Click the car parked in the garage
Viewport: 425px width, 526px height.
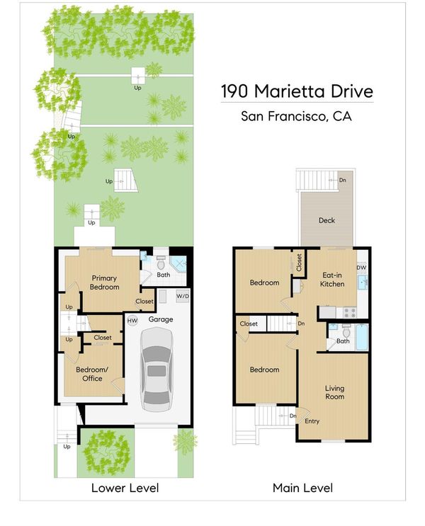(x=157, y=369)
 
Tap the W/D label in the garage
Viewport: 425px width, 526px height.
(x=183, y=296)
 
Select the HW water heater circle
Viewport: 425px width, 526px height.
(x=132, y=321)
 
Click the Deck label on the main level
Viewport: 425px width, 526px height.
(x=327, y=220)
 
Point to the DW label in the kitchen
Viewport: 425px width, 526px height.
(x=361, y=268)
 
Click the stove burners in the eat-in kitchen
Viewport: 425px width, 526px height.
(x=350, y=313)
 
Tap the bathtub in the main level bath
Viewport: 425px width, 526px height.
(x=362, y=337)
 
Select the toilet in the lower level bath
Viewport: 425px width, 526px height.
(x=161, y=263)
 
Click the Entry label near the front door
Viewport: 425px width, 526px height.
(x=312, y=421)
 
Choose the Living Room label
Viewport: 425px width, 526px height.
(x=334, y=392)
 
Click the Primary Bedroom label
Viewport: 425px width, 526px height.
(x=104, y=282)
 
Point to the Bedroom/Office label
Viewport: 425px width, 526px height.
(x=92, y=374)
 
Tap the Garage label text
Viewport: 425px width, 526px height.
(x=161, y=320)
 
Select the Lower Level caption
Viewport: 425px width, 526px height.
(x=125, y=488)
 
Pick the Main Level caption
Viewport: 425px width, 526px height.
(x=302, y=488)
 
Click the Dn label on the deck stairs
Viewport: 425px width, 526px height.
(x=342, y=180)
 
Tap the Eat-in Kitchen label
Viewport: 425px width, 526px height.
(x=332, y=280)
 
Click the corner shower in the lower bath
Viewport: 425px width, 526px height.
(x=178, y=263)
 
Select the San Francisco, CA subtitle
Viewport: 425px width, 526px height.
(x=296, y=116)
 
